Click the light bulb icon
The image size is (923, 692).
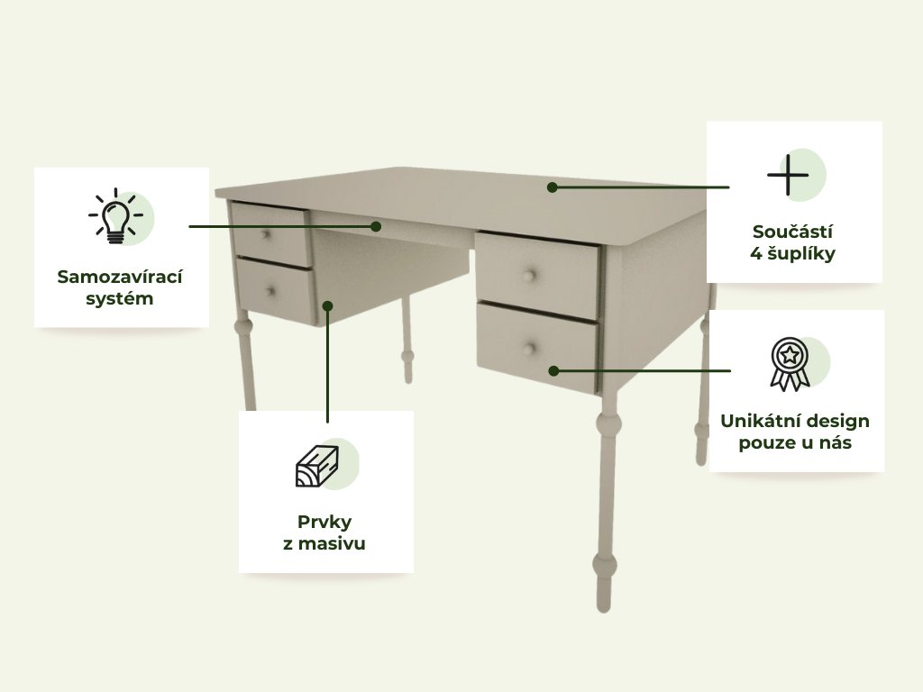[116, 216]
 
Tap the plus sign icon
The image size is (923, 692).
[788, 175]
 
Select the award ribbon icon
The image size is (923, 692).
[790, 364]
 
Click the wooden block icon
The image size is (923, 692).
[316, 467]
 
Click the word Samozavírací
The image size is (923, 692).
[120, 277]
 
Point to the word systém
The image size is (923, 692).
[120, 298]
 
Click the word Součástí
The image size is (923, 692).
[792, 232]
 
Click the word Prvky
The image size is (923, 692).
[324, 522]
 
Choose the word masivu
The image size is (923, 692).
[332, 543]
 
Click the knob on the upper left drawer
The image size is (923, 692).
[266, 235]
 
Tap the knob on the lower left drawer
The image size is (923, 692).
[270, 291]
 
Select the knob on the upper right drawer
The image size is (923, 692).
[529, 276]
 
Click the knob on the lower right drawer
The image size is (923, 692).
[530, 349]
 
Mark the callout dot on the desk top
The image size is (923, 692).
[553, 187]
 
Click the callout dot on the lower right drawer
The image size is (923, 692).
[554, 370]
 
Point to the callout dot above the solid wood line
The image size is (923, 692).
[328, 306]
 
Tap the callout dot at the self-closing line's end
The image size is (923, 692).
[376, 226]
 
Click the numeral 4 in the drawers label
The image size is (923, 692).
[756, 253]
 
